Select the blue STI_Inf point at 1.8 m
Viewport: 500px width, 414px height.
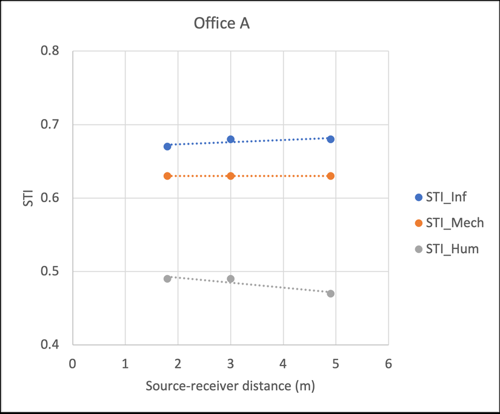(x=167, y=146)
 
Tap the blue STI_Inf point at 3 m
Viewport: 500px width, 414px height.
(x=230, y=139)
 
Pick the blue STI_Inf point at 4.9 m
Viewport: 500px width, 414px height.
(x=330, y=139)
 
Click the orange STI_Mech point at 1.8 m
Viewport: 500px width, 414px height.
(x=167, y=176)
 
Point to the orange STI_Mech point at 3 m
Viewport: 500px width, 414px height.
(x=230, y=176)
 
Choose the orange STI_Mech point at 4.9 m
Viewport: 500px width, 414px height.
(x=330, y=176)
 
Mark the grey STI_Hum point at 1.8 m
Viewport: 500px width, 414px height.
(x=167, y=279)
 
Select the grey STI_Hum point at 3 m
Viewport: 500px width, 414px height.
(x=230, y=279)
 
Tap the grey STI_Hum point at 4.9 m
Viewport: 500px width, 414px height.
(x=330, y=293)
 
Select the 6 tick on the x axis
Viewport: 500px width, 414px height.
(x=388, y=364)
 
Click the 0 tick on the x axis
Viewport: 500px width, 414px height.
(x=72, y=364)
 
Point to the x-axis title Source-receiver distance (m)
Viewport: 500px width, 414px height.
(x=230, y=386)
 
